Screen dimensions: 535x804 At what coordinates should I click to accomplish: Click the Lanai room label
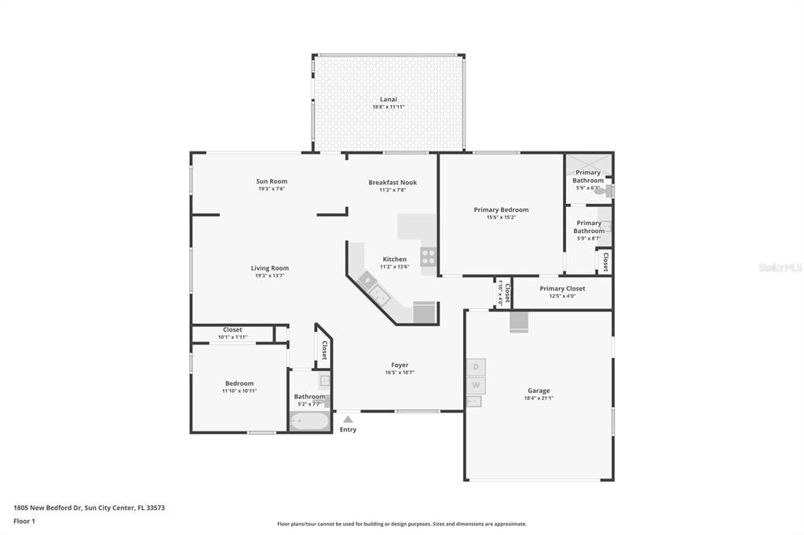[389, 100]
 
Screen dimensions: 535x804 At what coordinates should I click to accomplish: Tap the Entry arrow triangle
[348, 420]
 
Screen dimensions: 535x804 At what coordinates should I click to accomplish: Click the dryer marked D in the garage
[475, 367]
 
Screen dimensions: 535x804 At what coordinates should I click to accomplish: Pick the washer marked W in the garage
[475, 385]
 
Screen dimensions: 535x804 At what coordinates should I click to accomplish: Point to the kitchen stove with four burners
[428, 257]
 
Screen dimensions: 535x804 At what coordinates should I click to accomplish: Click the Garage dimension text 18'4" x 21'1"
[539, 398]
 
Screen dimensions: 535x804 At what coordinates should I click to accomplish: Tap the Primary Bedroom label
[501, 209]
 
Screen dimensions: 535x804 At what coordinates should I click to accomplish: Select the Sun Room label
[272, 181]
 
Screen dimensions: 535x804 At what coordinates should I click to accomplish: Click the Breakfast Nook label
[393, 183]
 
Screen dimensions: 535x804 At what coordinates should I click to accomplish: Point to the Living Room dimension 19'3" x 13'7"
[269, 275]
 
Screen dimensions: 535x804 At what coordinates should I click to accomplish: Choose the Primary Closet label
[562, 289]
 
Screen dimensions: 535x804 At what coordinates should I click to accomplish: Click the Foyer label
[400, 365]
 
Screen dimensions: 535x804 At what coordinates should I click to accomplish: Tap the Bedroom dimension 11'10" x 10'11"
[239, 391]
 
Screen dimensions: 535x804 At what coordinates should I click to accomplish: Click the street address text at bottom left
[89, 508]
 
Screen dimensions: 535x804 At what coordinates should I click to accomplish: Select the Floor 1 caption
[25, 521]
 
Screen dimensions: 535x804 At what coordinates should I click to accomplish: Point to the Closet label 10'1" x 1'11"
[232, 337]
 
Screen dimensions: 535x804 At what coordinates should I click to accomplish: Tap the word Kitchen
[395, 259]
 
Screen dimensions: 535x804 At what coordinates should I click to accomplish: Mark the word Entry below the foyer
[348, 430]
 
